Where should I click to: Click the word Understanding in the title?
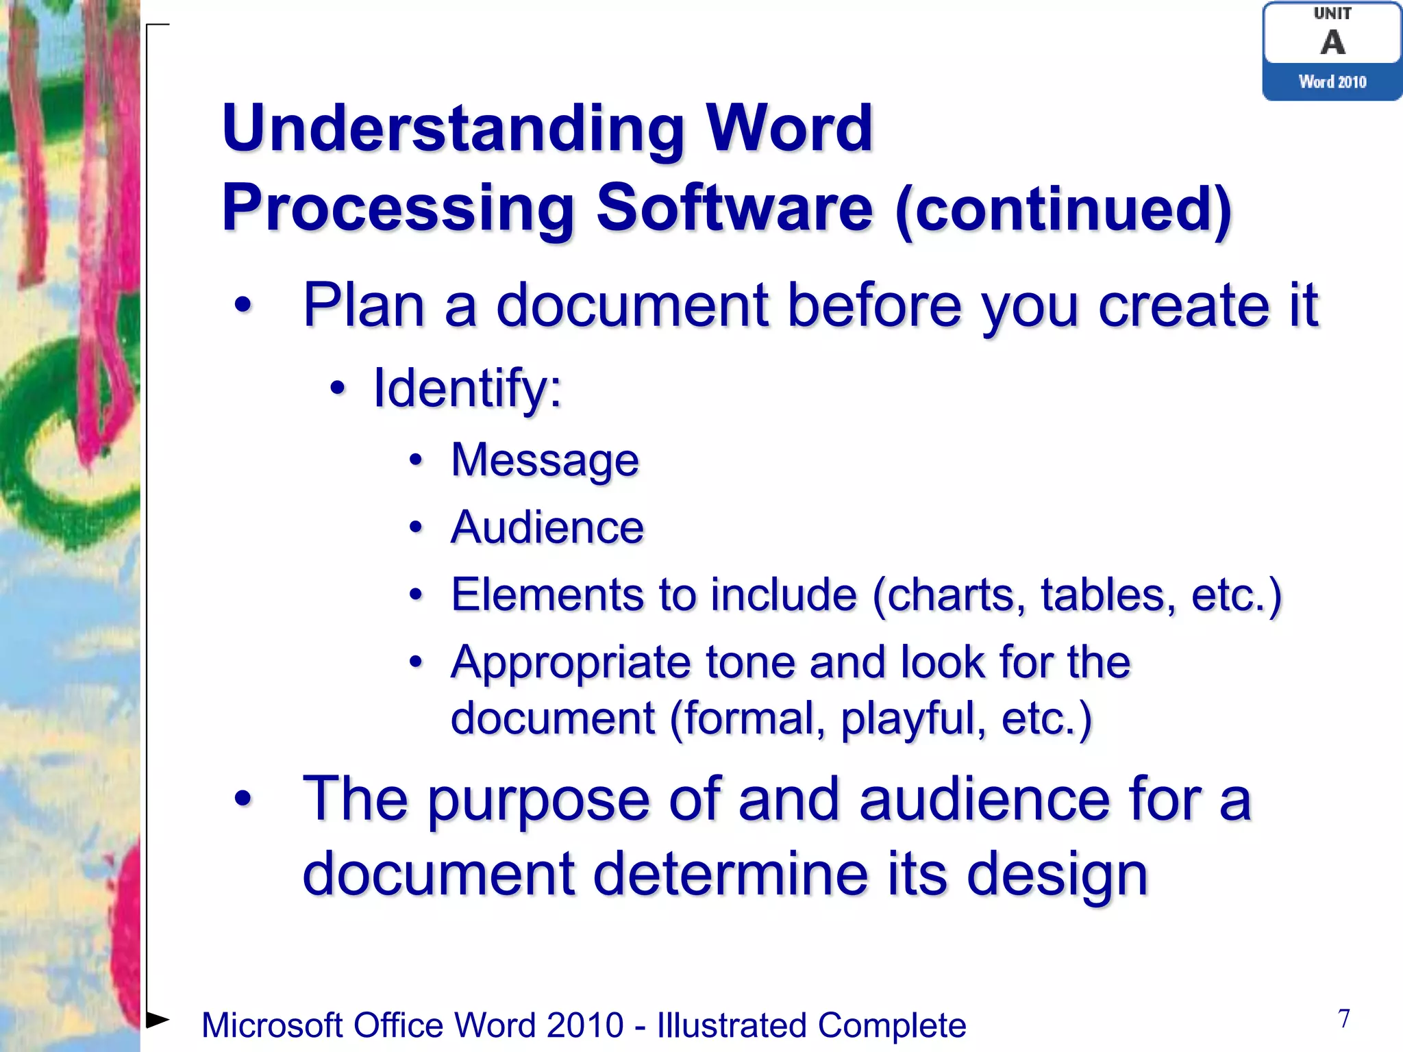click(x=453, y=129)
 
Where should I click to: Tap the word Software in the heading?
click(x=734, y=208)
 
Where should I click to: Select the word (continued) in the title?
click(x=1064, y=210)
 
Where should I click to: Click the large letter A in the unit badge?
click(x=1332, y=42)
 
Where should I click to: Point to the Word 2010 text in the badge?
click(x=1332, y=82)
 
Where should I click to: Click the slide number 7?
click(x=1344, y=1018)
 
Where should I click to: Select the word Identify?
click(x=467, y=388)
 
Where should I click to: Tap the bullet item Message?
click(x=545, y=460)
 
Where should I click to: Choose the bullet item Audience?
click(x=547, y=527)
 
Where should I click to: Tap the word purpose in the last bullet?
click(x=538, y=799)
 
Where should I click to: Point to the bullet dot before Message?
click(x=416, y=460)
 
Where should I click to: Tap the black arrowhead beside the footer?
click(x=158, y=1019)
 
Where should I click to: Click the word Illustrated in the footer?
click(x=732, y=1025)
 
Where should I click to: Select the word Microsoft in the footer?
click(x=272, y=1025)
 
